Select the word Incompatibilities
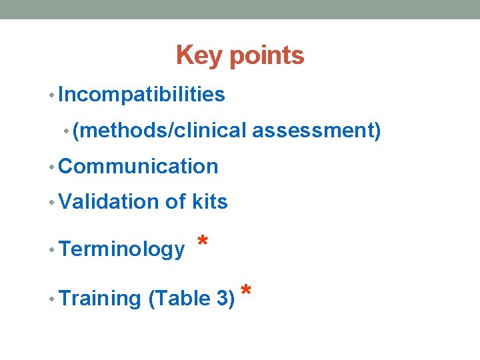coord(141,95)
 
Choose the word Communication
coord(138,167)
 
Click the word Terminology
coord(121,250)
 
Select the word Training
coord(100,299)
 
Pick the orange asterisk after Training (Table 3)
coord(246,291)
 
